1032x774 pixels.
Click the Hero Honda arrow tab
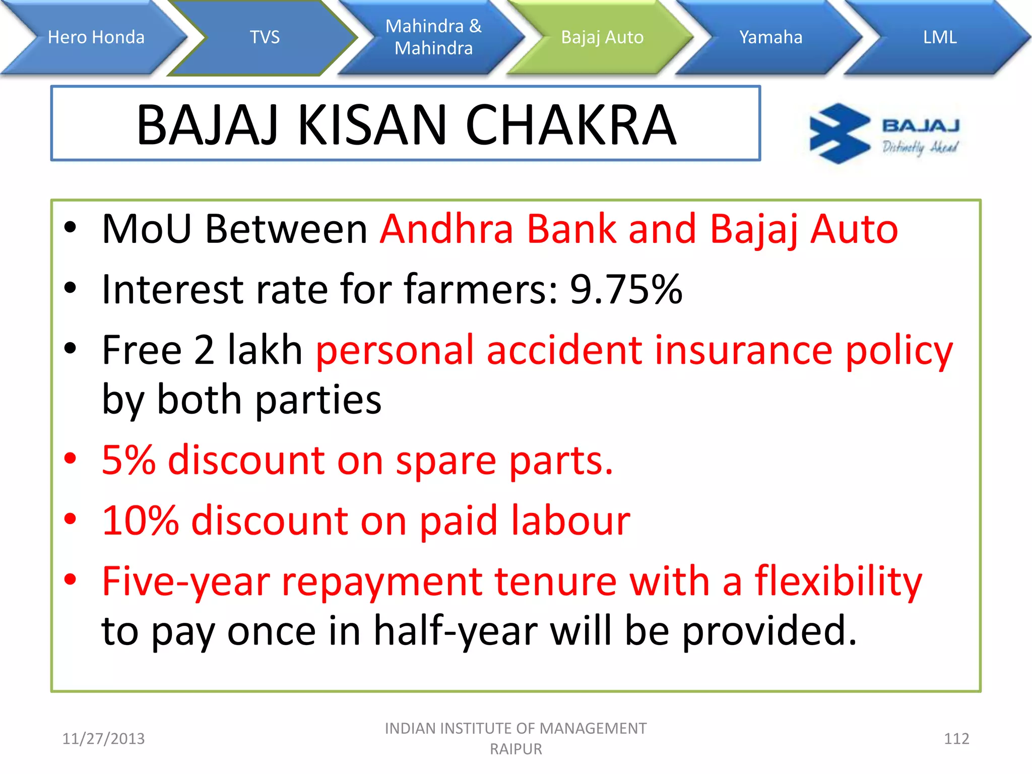96,37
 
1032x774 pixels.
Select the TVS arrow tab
265,37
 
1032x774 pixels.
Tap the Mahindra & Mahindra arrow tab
433,37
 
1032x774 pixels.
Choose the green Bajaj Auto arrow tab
602,37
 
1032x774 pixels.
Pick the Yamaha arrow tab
770,37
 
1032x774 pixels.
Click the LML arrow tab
940,37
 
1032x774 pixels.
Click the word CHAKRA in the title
570,125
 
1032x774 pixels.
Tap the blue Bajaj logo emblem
839,134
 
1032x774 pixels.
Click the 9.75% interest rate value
626,289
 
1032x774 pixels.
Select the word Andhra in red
446,229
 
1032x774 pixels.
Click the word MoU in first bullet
147,229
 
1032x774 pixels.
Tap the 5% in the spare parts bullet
128,461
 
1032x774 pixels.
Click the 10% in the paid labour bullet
140,521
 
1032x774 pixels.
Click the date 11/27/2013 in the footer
103,739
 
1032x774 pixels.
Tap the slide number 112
956,739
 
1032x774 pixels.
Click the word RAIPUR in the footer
516,749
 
